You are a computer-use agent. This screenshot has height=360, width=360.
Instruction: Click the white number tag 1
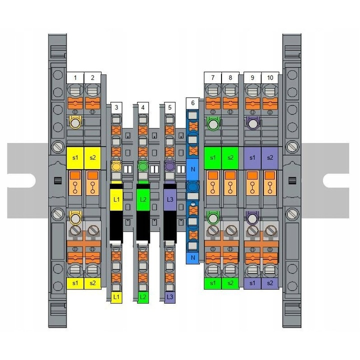pyautogui.click(x=75, y=77)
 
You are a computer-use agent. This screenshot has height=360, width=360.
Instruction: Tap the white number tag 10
pyautogui.click(x=270, y=77)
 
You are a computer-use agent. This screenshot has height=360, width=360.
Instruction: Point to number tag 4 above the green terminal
pyautogui.click(x=143, y=107)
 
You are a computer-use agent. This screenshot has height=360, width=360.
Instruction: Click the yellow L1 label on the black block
pyautogui.click(x=116, y=199)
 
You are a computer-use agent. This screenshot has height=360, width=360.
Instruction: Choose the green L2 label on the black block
pyautogui.click(x=143, y=199)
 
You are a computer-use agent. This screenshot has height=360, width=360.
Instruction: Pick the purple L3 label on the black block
pyautogui.click(x=170, y=199)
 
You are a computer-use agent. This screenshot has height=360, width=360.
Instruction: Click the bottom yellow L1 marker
pyautogui.click(x=116, y=297)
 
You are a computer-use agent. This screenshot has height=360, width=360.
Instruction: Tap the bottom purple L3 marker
pyautogui.click(x=170, y=297)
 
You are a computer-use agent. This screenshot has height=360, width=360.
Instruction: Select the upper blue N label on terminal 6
pyautogui.click(x=192, y=169)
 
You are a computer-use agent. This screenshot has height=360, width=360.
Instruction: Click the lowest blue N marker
pyautogui.click(x=192, y=258)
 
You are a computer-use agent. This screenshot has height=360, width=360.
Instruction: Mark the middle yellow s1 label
pyautogui.click(x=75, y=157)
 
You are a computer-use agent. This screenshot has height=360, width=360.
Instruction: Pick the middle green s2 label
pyautogui.click(x=230, y=157)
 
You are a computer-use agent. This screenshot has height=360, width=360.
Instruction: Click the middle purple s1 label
pyautogui.click(x=252, y=157)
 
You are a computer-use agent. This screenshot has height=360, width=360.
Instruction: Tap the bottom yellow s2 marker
pyautogui.click(x=92, y=283)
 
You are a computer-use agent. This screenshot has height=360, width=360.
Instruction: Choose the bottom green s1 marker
pyautogui.click(x=213, y=283)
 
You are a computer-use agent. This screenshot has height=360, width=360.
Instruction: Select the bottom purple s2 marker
pyautogui.click(x=270, y=283)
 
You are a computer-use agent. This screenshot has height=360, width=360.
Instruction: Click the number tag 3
pyautogui.click(x=116, y=107)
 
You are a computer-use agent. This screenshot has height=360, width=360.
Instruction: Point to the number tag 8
pyautogui.click(x=230, y=77)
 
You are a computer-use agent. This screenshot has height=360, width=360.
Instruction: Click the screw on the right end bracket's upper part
pyautogui.click(x=292, y=147)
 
